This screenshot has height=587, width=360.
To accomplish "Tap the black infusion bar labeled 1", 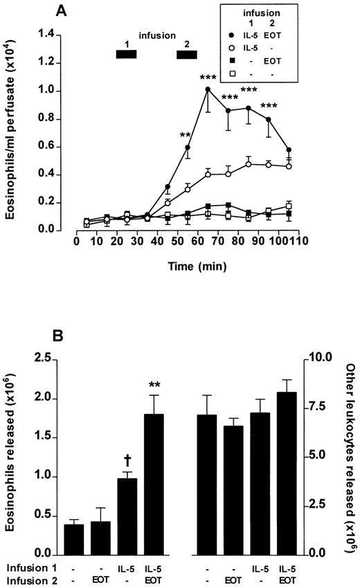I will click(127, 55).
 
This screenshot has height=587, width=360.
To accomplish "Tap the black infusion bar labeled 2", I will click(187, 55).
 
